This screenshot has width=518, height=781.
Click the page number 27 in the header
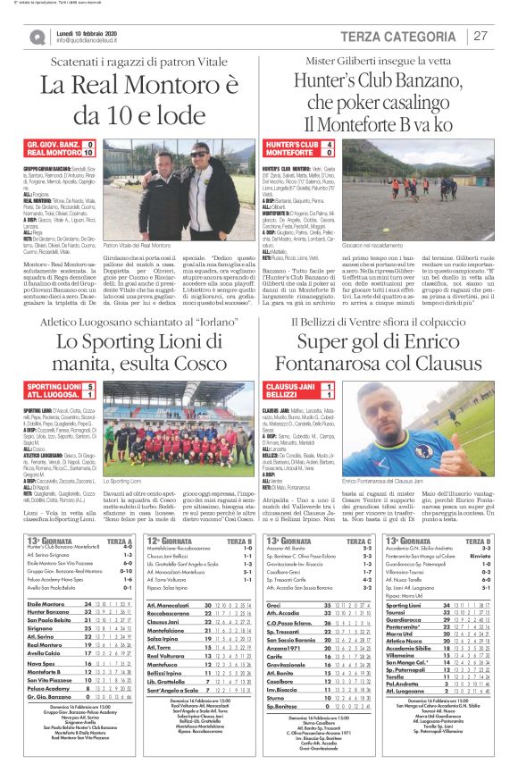click(480, 36)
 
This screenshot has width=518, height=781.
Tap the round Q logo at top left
click(37, 37)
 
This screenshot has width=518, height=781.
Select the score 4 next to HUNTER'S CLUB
click(329, 143)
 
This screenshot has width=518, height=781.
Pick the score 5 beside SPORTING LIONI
click(89, 385)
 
